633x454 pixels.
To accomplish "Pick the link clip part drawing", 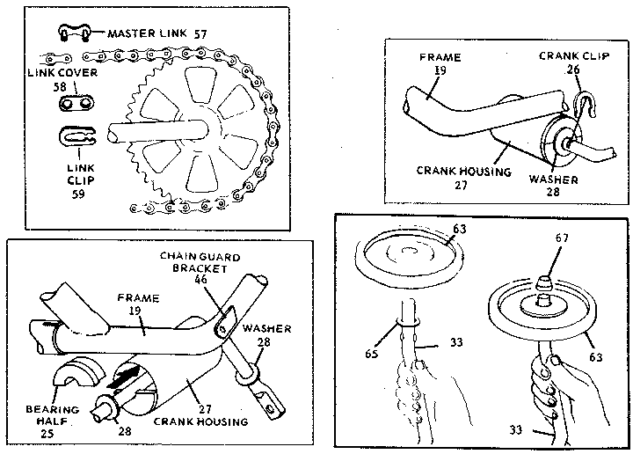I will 77,138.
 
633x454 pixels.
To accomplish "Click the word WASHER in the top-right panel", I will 554,179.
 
